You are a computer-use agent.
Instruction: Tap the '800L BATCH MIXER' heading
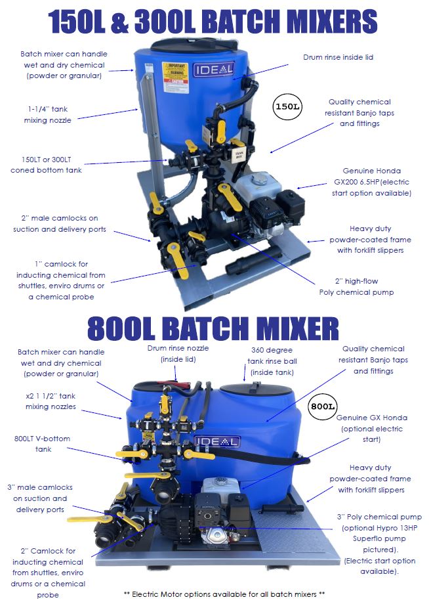click(213, 327)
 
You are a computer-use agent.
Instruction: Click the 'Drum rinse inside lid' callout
click(338, 58)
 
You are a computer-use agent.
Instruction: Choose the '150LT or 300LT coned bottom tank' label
click(46, 164)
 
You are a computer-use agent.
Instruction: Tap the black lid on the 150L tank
click(191, 44)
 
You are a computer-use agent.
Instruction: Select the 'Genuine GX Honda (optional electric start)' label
click(371, 428)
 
